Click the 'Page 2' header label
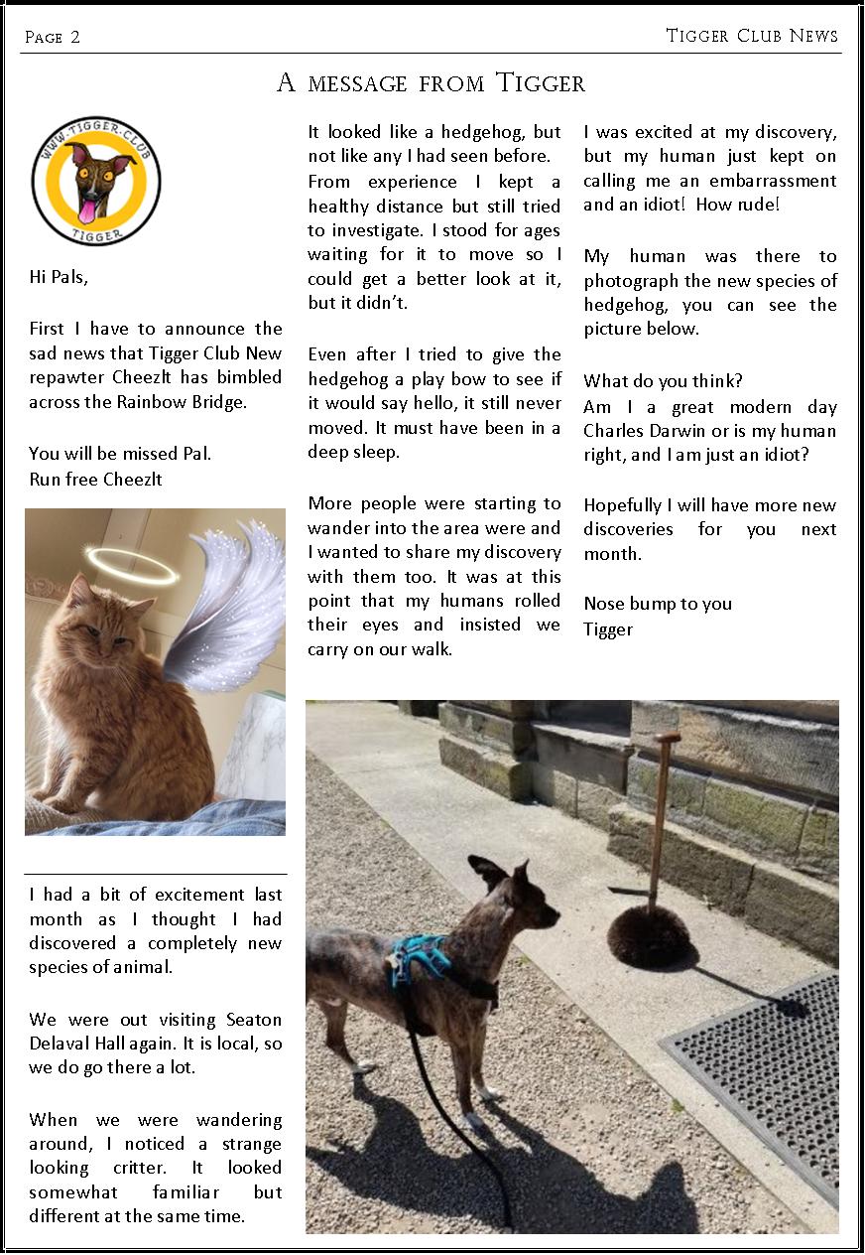coord(53,38)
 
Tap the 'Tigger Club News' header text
coord(752,36)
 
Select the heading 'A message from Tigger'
coord(431,83)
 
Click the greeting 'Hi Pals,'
coord(59,278)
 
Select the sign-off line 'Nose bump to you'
coord(658,604)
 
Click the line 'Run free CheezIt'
coord(95,479)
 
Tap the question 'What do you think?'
coord(663,381)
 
